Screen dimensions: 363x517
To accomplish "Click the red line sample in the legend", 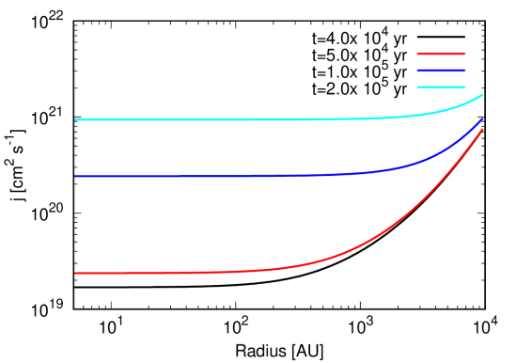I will (x=441, y=54).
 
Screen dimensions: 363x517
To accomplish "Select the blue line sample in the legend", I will (x=441, y=71).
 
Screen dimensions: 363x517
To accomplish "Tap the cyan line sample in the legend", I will (x=441, y=87).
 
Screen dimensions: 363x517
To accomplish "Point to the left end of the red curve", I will (x=75, y=274).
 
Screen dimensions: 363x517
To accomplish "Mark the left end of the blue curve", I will (x=75, y=177).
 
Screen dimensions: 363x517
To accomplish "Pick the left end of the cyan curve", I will (x=75, y=120).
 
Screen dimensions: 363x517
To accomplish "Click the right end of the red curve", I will (x=482, y=129).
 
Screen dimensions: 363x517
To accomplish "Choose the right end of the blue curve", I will (x=482, y=119).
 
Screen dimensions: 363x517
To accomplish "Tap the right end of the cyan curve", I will (x=483, y=94).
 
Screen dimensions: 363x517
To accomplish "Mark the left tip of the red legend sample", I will (x=418, y=54).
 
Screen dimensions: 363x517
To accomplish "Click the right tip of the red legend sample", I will (x=464, y=54).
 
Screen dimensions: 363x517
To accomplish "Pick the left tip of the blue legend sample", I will (x=418, y=71).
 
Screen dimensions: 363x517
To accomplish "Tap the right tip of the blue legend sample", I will (x=464, y=71).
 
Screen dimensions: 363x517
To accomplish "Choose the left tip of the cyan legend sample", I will (x=418, y=87).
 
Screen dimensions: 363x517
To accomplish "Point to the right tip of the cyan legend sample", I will (x=464, y=87).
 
